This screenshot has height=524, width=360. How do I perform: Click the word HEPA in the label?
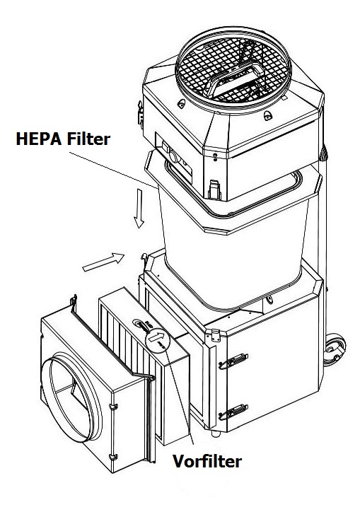click(39, 139)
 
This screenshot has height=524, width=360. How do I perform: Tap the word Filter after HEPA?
click(88, 139)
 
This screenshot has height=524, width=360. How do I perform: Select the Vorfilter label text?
click(207, 461)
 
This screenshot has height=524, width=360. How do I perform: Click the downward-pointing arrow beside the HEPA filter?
click(139, 209)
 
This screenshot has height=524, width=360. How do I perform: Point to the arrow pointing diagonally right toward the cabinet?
click(103, 262)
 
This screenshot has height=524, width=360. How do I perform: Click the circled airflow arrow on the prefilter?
click(158, 339)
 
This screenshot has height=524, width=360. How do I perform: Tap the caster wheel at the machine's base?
click(335, 349)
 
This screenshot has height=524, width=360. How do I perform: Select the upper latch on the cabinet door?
click(233, 361)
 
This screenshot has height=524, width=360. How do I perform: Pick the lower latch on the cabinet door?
click(233, 412)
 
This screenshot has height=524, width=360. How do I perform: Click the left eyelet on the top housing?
click(182, 103)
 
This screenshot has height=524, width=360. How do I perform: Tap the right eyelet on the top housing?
click(268, 116)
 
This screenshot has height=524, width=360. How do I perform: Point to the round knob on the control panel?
click(173, 156)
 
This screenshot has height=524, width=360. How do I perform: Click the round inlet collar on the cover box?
click(74, 397)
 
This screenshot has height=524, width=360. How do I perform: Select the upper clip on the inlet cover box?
click(113, 407)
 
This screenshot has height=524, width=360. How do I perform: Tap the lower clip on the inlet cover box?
click(113, 457)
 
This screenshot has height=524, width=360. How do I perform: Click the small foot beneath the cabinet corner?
click(216, 433)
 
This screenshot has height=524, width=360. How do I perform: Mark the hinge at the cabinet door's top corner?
click(215, 335)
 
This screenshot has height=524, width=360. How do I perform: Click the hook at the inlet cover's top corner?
click(74, 300)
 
